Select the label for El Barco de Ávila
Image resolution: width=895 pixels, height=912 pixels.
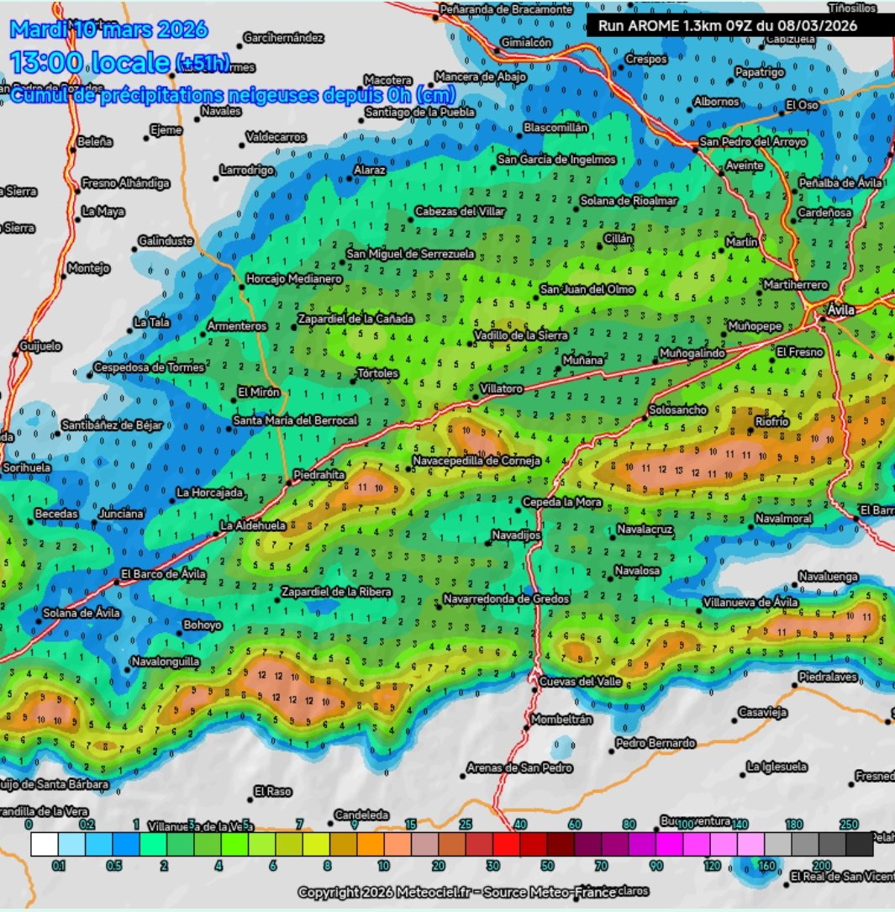click(163, 574)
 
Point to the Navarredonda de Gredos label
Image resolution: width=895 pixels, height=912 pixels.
click(506, 599)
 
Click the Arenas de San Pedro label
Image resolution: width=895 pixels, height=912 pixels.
click(519, 767)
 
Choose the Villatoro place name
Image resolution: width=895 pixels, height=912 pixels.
click(501, 389)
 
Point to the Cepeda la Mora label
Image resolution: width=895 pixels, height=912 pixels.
click(561, 502)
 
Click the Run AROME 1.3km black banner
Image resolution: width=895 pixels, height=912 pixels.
click(727, 26)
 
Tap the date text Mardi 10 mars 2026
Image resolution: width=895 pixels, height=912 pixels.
click(108, 30)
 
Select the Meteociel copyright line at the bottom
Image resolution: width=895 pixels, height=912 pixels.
click(473, 891)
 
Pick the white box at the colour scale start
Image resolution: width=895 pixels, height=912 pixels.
click(45, 843)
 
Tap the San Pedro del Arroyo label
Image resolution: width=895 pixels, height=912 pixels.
click(753, 142)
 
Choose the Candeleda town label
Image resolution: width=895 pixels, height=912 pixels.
click(361, 814)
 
